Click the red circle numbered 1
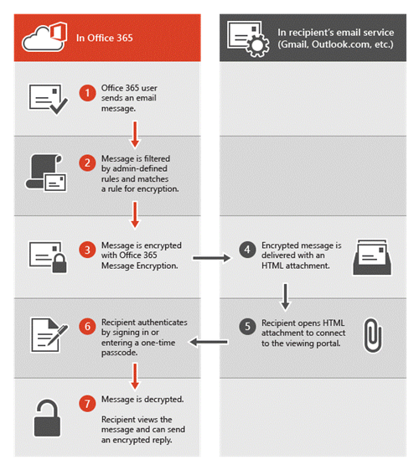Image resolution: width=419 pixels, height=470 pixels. pyautogui.click(x=87, y=93)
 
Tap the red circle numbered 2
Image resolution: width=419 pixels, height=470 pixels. pyautogui.click(x=87, y=163)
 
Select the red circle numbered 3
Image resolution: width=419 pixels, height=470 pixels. pyautogui.click(x=87, y=250)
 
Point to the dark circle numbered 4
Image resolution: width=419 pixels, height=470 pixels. pyautogui.click(x=247, y=250)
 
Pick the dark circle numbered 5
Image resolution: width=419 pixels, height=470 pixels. pyautogui.click(x=247, y=326)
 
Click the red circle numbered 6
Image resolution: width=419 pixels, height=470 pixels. pyautogui.click(x=87, y=326)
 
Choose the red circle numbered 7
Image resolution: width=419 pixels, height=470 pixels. pyautogui.click(x=87, y=404)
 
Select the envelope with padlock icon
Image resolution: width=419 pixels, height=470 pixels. pyautogui.click(x=48, y=257)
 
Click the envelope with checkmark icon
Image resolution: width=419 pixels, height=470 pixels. pyautogui.click(x=48, y=99)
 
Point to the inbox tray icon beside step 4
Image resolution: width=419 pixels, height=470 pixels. pyautogui.click(x=372, y=257)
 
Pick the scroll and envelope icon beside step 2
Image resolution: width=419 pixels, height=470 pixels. pyautogui.click(x=45, y=173)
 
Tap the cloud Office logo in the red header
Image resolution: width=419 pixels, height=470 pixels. pyautogui.click(x=44, y=37)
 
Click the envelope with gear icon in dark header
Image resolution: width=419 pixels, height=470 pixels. pyautogui.click(x=247, y=39)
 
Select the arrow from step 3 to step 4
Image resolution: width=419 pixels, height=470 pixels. pyautogui.click(x=212, y=258)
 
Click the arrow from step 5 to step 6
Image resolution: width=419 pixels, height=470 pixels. pyautogui.click(x=209, y=342)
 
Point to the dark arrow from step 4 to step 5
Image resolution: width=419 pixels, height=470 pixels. pyautogui.click(x=285, y=297)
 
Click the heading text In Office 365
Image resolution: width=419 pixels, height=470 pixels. pyautogui.click(x=104, y=38)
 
